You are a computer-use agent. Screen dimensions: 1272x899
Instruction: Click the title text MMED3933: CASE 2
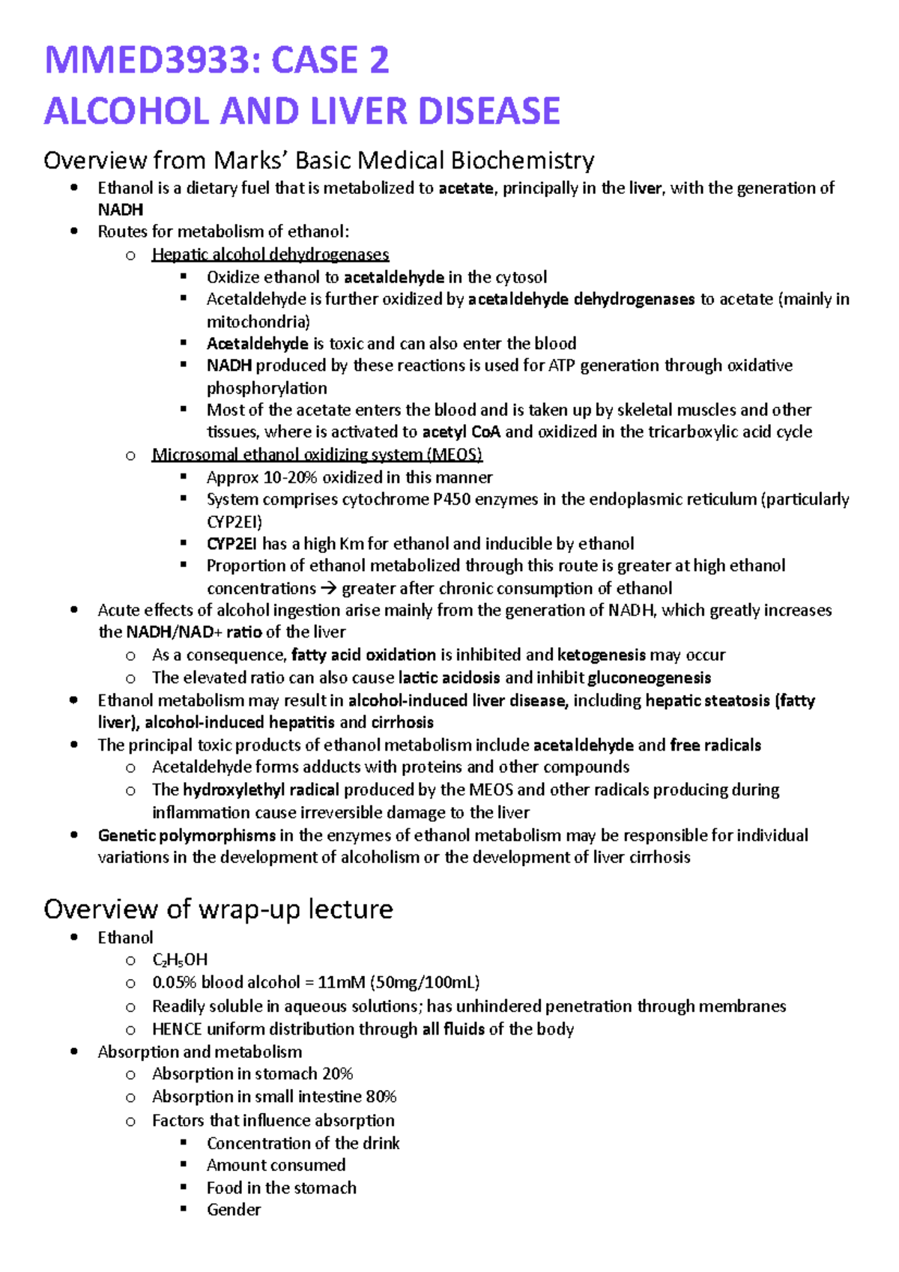217,60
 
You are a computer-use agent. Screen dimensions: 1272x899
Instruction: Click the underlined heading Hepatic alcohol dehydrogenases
270,255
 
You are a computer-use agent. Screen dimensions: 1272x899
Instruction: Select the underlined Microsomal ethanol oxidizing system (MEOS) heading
317,455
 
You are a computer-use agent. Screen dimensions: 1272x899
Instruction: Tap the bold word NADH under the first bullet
120,210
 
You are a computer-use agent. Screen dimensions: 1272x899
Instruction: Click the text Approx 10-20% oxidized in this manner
349,477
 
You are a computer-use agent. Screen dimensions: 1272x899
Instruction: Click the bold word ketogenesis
601,655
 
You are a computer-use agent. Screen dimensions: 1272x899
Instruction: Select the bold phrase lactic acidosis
449,678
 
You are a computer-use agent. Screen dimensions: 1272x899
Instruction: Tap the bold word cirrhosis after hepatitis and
402,722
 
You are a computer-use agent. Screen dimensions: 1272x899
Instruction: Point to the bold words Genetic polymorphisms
187,835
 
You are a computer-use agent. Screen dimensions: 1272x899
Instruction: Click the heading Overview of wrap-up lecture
218,909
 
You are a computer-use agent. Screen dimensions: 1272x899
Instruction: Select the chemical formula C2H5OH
180,960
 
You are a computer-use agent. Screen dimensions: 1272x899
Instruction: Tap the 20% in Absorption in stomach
337,1073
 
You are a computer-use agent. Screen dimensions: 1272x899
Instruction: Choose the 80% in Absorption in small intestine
381,1097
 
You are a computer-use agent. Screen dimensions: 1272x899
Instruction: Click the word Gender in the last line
234,1210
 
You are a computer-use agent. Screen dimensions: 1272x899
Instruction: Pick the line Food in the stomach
281,1187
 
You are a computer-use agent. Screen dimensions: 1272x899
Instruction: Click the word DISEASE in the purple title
488,111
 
